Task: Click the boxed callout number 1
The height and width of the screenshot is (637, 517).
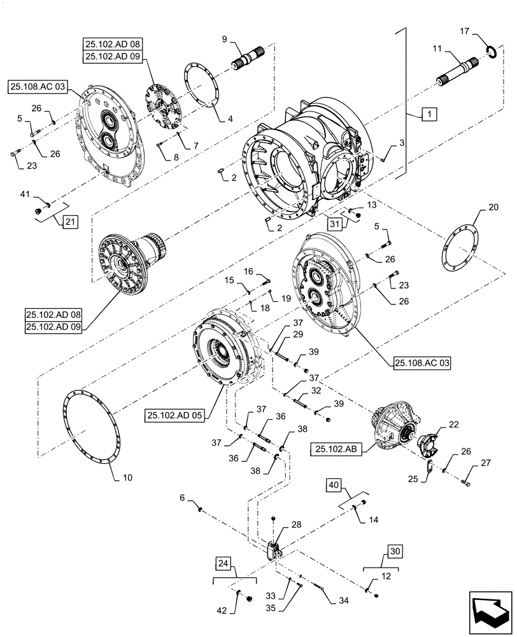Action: [x=429, y=115]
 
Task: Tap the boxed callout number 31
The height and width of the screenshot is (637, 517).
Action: [x=334, y=223]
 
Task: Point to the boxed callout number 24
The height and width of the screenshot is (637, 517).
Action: [x=223, y=564]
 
